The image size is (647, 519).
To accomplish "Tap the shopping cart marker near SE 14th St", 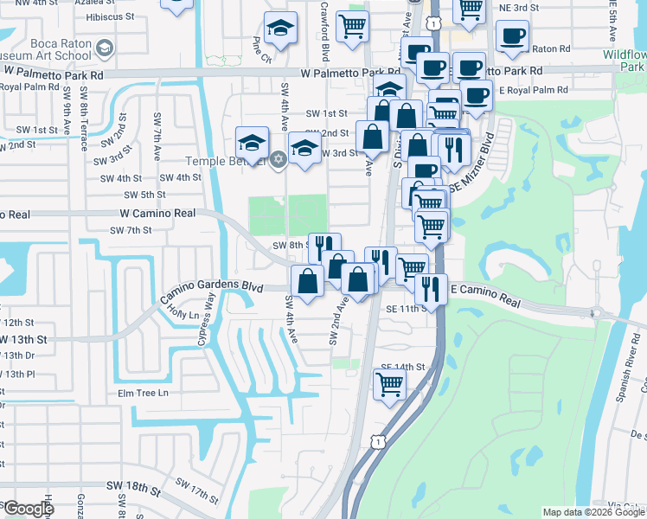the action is tap(389, 384).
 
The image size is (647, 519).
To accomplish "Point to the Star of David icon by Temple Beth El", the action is tap(278, 158).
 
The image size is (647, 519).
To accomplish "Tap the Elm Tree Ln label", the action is tap(144, 394).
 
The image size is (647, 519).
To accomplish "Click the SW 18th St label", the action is tap(134, 490).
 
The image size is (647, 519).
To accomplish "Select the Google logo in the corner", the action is tap(28, 509).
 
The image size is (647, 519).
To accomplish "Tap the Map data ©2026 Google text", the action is tap(593, 512).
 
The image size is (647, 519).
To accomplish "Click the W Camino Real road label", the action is tap(159, 213).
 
